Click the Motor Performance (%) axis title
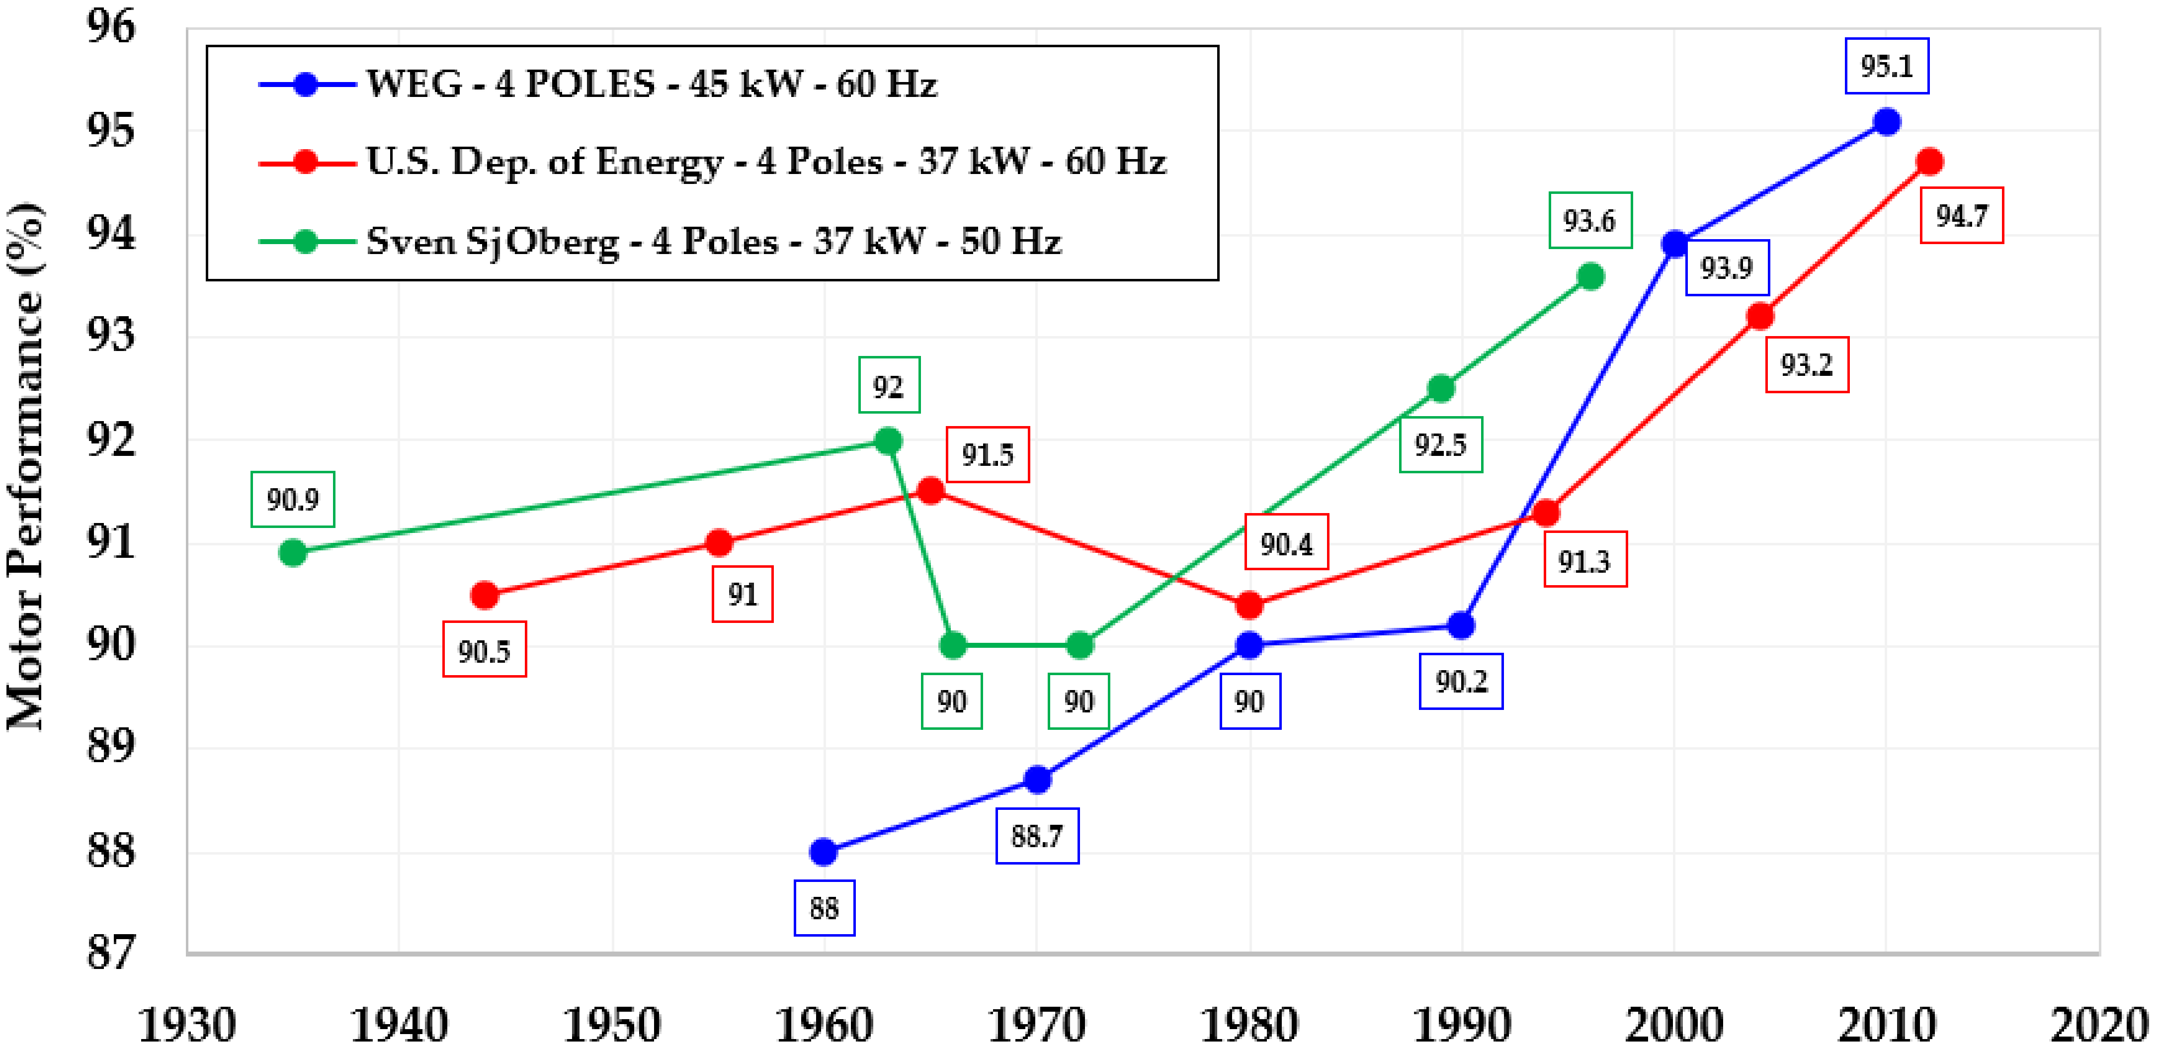25,465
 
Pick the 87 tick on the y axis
111,953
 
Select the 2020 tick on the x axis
2099,1025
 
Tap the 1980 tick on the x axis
1249,1025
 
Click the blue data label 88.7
1037,836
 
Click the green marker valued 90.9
293,552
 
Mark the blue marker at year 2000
1674,244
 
